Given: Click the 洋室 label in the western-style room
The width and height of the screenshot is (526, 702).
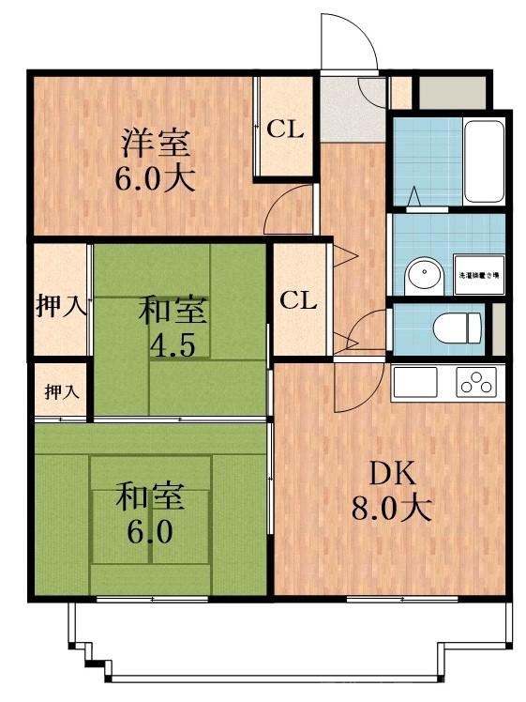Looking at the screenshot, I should pyautogui.click(x=155, y=144).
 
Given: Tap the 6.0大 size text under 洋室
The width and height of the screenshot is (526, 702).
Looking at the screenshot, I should pyautogui.click(x=155, y=178).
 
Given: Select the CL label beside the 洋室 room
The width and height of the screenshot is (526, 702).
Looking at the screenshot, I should pyautogui.click(x=286, y=130).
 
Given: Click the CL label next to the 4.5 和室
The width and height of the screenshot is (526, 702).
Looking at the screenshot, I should pyautogui.click(x=299, y=301).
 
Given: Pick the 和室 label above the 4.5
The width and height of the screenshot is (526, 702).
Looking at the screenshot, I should pyautogui.click(x=174, y=309).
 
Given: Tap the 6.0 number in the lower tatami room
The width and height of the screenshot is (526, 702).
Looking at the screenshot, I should pyautogui.click(x=150, y=532).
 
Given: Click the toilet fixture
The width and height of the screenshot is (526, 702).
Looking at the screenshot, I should pyautogui.click(x=458, y=328).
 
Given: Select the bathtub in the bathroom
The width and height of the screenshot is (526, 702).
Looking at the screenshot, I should pyautogui.click(x=485, y=161).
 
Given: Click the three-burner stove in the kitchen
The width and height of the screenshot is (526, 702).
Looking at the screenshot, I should pyautogui.click(x=478, y=383).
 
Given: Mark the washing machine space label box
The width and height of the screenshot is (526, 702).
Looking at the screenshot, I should pyautogui.click(x=478, y=275).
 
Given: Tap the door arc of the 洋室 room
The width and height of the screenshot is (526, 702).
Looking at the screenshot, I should pyautogui.click(x=291, y=208).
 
